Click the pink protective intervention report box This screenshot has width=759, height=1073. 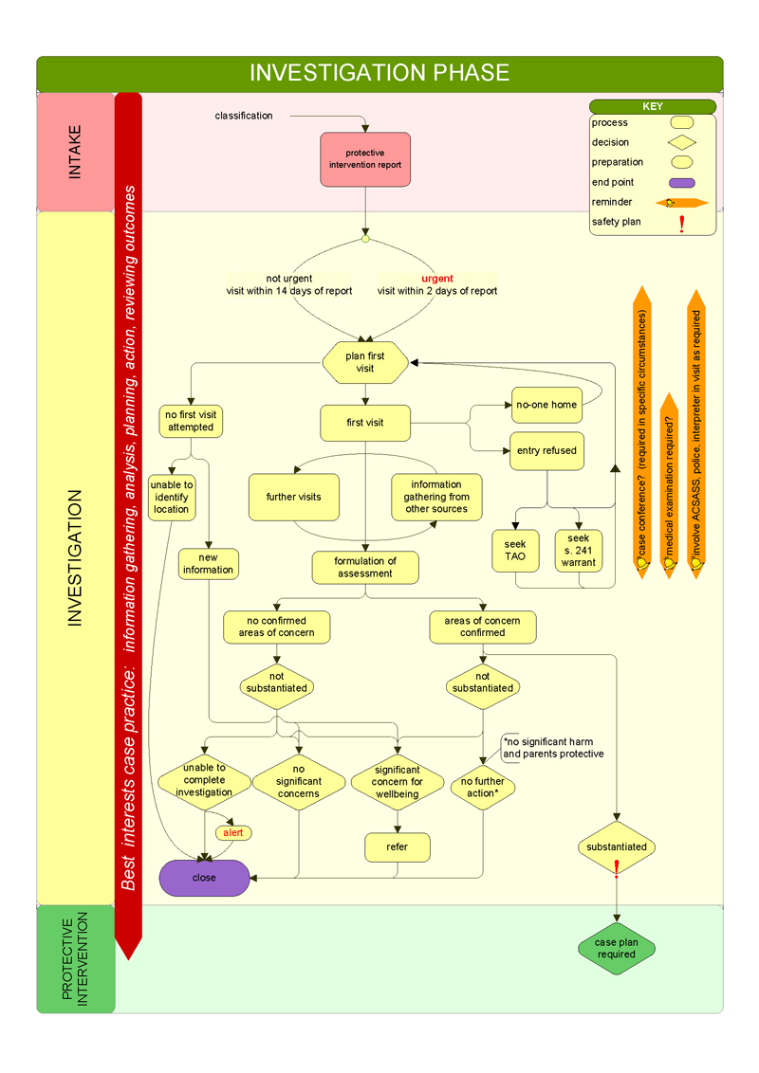(365, 158)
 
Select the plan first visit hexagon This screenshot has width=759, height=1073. (365, 362)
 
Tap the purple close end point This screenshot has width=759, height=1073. (204, 878)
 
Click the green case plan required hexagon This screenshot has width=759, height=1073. (617, 948)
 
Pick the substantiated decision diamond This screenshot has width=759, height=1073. (617, 846)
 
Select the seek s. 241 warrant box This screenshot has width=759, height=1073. (579, 550)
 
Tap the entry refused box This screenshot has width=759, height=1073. (546, 450)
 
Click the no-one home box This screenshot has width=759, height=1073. (546, 405)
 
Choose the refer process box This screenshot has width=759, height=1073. (398, 846)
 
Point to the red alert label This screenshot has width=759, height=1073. (232, 832)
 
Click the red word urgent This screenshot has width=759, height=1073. (437, 279)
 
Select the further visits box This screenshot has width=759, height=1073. (294, 497)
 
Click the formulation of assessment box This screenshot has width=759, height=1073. (365, 567)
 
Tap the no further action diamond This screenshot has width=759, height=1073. (483, 787)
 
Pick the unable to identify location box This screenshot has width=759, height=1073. (172, 497)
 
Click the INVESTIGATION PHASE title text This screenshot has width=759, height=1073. (379, 73)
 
